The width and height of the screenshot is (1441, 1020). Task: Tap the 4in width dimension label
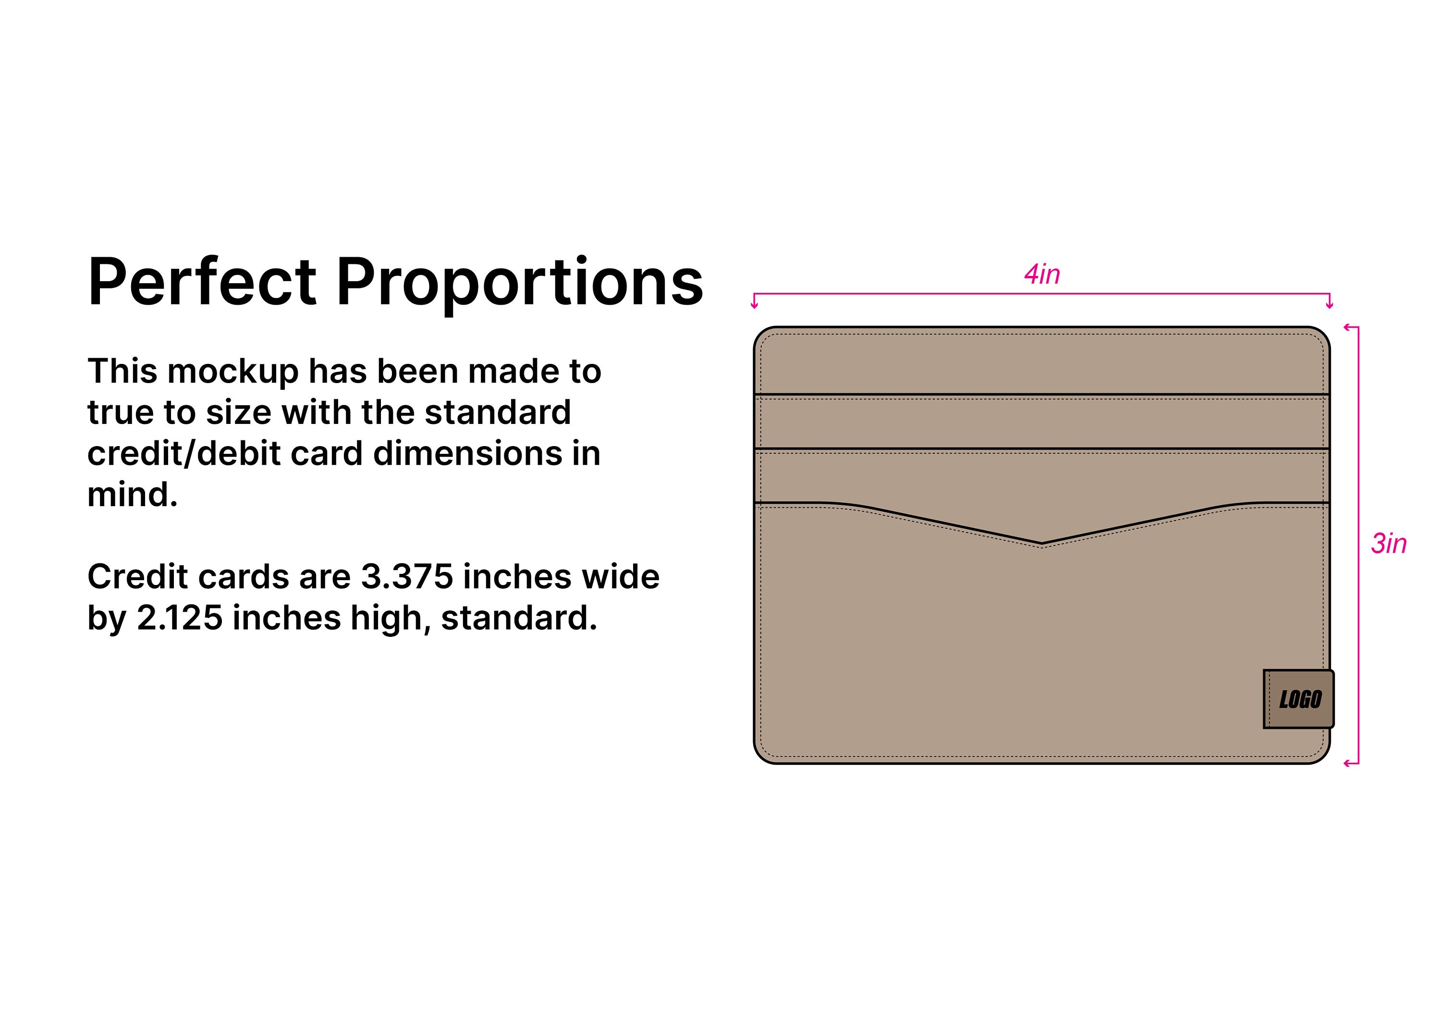pyautogui.click(x=1042, y=274)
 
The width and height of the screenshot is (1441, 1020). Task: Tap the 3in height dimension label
pyautogui.click(x=1388, y=543)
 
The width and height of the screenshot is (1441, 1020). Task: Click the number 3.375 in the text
pyautogui.click(x=407, y=577)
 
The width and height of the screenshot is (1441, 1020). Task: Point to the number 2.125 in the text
pyautogui.click(x=180, y=618)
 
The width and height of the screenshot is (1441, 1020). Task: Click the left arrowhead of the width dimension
pyautogui.click(x=755, y=305)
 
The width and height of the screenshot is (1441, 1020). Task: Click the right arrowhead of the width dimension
pyautogui.click(x=1329, y=305)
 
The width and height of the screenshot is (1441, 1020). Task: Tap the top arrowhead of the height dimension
pyautogui.click(x=1347, y=327)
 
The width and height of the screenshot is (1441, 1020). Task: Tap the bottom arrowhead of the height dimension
pyautogui.click(x=1347, y=764)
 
